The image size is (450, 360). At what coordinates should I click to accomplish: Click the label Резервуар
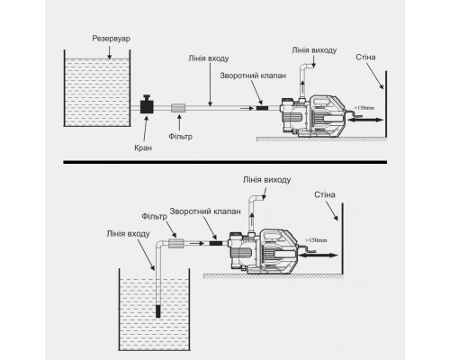point(111,39)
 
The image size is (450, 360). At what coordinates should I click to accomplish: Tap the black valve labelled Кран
point(147,104)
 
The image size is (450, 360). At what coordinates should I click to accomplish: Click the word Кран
point(143,148)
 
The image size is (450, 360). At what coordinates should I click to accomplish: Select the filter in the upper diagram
point(178,108)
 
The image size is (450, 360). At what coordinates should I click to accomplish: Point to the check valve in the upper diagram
point(262,108)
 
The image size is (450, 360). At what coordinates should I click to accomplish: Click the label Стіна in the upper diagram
point(365,57)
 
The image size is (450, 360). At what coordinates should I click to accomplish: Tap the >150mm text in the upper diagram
point(364,108)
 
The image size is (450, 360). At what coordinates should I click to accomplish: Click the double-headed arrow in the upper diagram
point(365,120)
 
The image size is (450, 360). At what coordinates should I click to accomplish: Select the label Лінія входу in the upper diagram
point(209,58)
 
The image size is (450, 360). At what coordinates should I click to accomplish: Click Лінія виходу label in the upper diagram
point(314,50)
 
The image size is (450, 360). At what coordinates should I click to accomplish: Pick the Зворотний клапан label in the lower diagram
point(205,211)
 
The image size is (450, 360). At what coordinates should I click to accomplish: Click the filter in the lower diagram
point(175,243)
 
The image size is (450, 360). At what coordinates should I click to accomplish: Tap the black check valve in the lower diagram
point(216,243)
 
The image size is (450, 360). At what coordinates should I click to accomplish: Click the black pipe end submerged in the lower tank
point(158,311)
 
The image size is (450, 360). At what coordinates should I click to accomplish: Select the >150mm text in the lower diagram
point(316,240)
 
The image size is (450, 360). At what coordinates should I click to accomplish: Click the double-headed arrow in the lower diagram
point(319,256)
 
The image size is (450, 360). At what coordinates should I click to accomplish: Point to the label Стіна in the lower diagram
point(325,194)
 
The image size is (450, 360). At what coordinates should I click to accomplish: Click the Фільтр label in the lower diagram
point(154,216)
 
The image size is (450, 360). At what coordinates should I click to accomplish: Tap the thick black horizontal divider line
point(225,162)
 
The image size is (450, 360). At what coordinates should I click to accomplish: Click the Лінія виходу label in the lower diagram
point(266,180)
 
